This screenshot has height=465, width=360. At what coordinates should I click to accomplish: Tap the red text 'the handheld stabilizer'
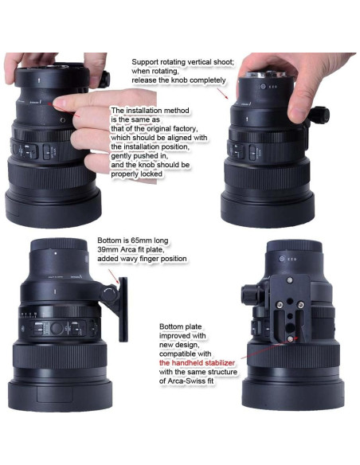pyautogui.click(x=197, y=363)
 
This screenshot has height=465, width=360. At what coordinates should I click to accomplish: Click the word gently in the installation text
pyautogui.click(x=121, y=156)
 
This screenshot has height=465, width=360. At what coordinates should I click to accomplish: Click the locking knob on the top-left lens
pyautogui.click(x=104, y=79)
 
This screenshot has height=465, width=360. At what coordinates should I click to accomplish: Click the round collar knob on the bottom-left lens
pyautogui.click(x=109, y=294)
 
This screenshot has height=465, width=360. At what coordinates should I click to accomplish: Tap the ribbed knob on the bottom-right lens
pyautogui.click(x=248, y=294)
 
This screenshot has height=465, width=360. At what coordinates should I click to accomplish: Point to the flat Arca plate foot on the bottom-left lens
pyautogui.click(x=123, y=309)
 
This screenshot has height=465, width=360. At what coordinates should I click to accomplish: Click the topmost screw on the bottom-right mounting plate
pyautogui.click(x=290, y=279)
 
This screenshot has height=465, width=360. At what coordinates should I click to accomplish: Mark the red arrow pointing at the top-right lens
pyautogui.click(x=222, y=93)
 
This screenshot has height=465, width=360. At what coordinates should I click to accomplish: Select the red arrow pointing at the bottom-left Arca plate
pyautogui.click(x=114, y=276)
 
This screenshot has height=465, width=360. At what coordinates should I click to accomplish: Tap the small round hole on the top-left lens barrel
pyautogui.click(x=63, y=120)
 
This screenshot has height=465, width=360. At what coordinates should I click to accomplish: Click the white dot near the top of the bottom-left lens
pyautogui.click(x=56, y=253)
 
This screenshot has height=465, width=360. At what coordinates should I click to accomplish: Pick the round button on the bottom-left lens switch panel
pyautogui.click(x=57, y=328)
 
